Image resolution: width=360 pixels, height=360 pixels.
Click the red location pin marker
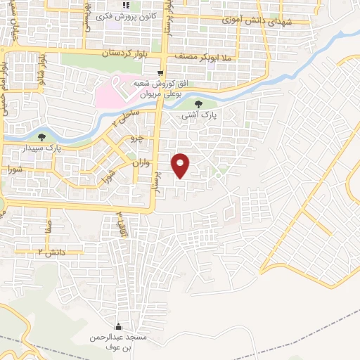[181, 165]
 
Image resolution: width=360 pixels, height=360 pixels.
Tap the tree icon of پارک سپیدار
[41, 138]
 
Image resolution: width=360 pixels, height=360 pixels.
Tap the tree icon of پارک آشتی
[206, 105]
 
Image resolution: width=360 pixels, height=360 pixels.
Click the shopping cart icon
[160, 72]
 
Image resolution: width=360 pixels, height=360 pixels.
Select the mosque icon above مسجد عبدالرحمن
[117, 326]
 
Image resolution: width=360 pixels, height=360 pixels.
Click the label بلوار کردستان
[127, 53]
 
